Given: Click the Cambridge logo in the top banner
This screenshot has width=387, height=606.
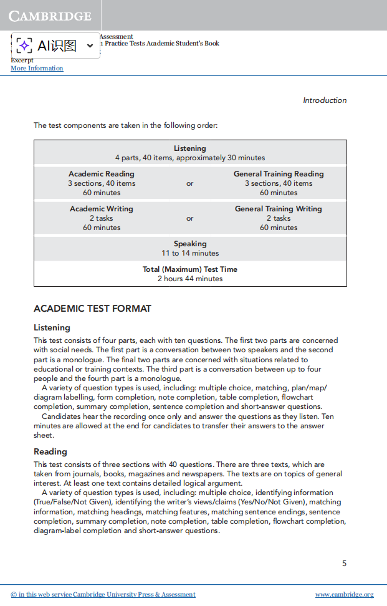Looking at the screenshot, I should point(50,16).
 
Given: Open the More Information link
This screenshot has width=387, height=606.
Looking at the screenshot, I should point(37,69).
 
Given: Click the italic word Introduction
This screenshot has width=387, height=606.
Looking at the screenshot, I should point(325,100).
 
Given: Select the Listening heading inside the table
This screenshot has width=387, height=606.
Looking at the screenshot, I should point(190,148).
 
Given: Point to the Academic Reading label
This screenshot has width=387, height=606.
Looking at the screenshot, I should point(102,174).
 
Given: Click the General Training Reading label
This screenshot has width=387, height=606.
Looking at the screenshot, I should point(279,174).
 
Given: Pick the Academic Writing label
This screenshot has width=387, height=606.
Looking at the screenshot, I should point(102,209).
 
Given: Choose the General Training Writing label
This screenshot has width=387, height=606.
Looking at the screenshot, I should point(279,209).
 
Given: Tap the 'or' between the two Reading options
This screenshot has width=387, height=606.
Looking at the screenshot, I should point(190,184).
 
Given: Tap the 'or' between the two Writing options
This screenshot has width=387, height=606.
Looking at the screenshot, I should point(190,219).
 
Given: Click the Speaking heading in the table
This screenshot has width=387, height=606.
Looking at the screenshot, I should point(190,244).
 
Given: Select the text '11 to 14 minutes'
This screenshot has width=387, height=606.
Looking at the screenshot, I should point(190,253).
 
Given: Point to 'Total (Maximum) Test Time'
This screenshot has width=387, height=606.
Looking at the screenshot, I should point(190,269).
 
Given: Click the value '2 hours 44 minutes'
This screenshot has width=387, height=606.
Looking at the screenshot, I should point(190,279).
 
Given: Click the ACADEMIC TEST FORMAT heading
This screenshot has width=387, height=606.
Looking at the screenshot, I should point(92,309).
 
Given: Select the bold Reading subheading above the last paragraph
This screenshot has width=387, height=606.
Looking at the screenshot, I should point(50,451).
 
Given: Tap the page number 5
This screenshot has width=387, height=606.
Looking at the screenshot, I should point(344,564).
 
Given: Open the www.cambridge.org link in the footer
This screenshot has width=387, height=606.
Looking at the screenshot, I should point(344,595).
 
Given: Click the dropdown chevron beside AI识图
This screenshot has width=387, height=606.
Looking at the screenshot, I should point(90,46).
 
